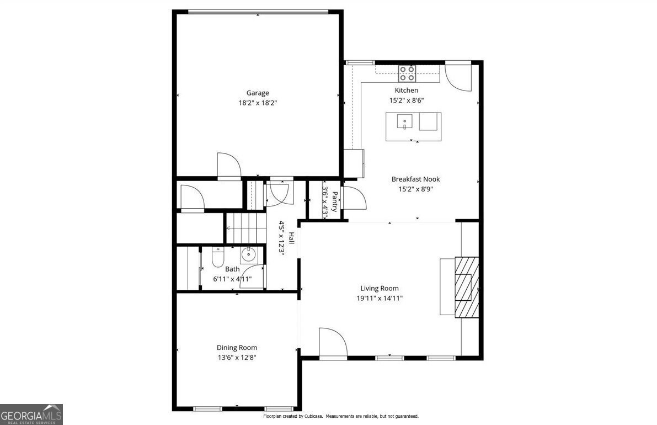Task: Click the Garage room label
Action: click(x=258, y=93)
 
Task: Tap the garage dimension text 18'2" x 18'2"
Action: click(x=258, y=102)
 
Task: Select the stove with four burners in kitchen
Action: click(x=407, y=73)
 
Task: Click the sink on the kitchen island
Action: click(x=405, y=120)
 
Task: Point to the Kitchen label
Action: click(x=406, y=90)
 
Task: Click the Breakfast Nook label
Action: click(x=415, y=179)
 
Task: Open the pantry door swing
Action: click(x=352, y=198)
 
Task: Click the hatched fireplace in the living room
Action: click(x=466, y=286)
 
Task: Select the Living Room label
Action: click(x=380, y=288)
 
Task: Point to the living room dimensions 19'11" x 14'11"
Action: click(x=380, y=298)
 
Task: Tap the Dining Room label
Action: click(x=237, y=348)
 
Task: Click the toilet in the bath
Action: click(x=218, y=257)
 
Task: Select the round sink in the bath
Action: click(x=248, y=254)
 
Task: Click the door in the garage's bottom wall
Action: click(x=229, y=167)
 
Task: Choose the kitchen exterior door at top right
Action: click(x=458, y=77)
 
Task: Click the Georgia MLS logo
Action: click(x=31, y=415)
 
